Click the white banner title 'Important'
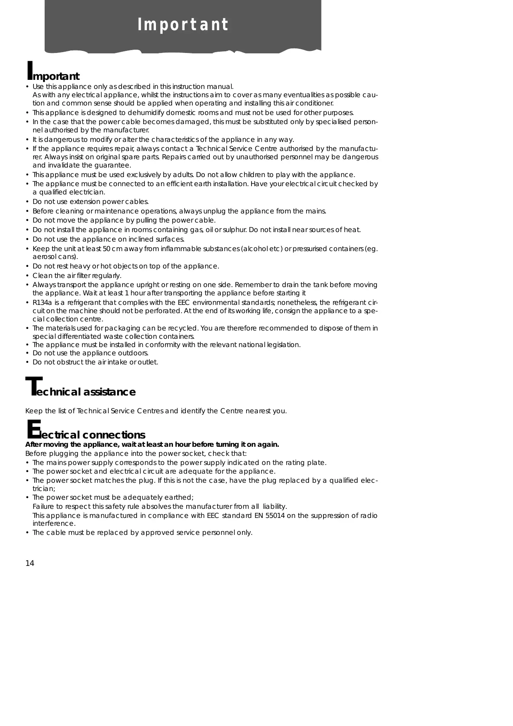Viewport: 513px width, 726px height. click(x=183, y=25)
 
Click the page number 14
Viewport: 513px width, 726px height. click(x=30, y=563)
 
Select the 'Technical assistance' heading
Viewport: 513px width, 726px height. click(x=81, y=391)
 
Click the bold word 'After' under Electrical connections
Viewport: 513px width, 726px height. click(x=34, y=445)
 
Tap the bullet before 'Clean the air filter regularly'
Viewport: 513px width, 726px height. click(x=27, y=276)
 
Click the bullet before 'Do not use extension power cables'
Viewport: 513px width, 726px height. click(x=27, y=202)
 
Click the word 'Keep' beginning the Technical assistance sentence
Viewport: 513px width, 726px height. click(x=33, y=411)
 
